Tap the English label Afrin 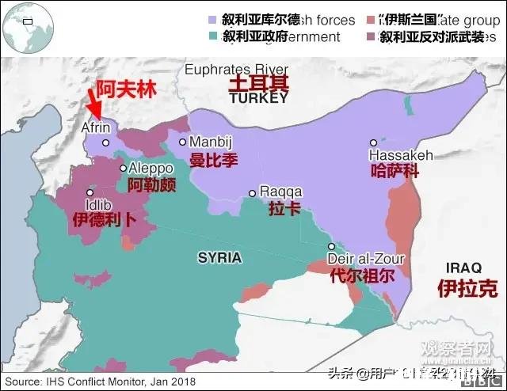coord(96,127)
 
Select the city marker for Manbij coord(183,142)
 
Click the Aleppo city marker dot coord(123,168)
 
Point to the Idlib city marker coord(90,193)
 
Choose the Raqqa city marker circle coord(253,192)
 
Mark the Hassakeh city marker coord(373,143)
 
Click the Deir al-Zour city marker coord(332,247)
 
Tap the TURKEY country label coord(259,99)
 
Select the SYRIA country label coord(219,258)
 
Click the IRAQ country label coord(463,267)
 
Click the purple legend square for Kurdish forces coord(212,19)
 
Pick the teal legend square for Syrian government coord(212,36)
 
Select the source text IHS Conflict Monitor coord(98,382)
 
